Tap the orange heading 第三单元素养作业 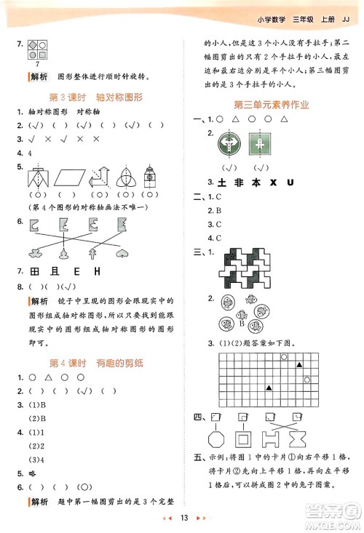point(271,105)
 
